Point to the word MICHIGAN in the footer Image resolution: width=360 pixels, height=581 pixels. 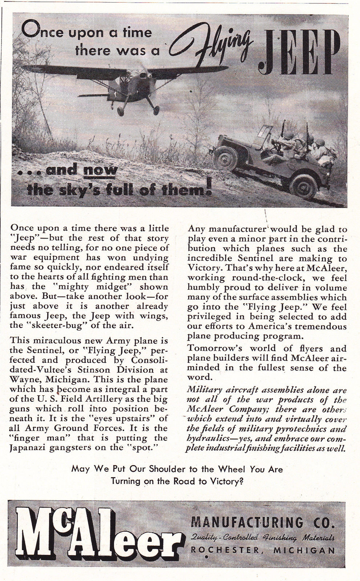click(x=304, y=550)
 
